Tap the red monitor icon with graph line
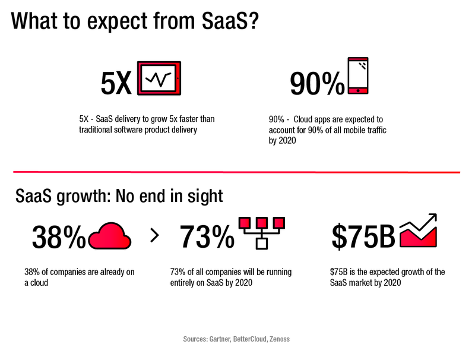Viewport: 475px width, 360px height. coord(159,78)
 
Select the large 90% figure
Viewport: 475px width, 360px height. coord(316,84)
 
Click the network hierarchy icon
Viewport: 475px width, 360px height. coord(261,232)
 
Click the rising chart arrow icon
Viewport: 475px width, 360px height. coord(419,232)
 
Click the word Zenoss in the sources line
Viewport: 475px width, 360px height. coord(278,339)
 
